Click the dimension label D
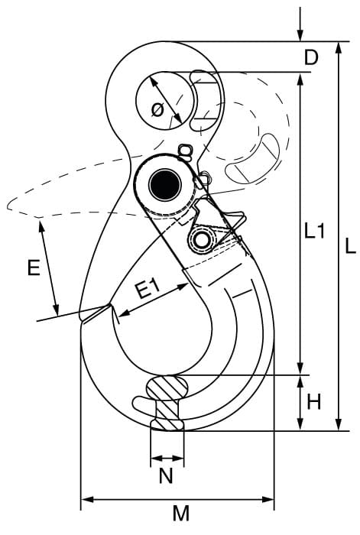tap(311, 57)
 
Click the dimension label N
tap(166, 475)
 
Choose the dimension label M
tap(181, 513)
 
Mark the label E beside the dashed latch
tap(34, 267)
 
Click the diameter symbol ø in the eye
tap(157, 110)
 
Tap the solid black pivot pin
tap(165, 185)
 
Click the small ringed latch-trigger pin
tap(202, 241)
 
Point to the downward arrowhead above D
tap(300, 35)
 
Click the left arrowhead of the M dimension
tap(87, 500)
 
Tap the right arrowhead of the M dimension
tap(268, 500)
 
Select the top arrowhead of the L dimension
tap(338, 47)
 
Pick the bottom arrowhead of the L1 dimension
tap(300, 368)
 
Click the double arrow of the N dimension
tap(167, 458)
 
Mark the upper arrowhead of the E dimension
tap(42, 226)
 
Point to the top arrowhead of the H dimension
tap(300, 381)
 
